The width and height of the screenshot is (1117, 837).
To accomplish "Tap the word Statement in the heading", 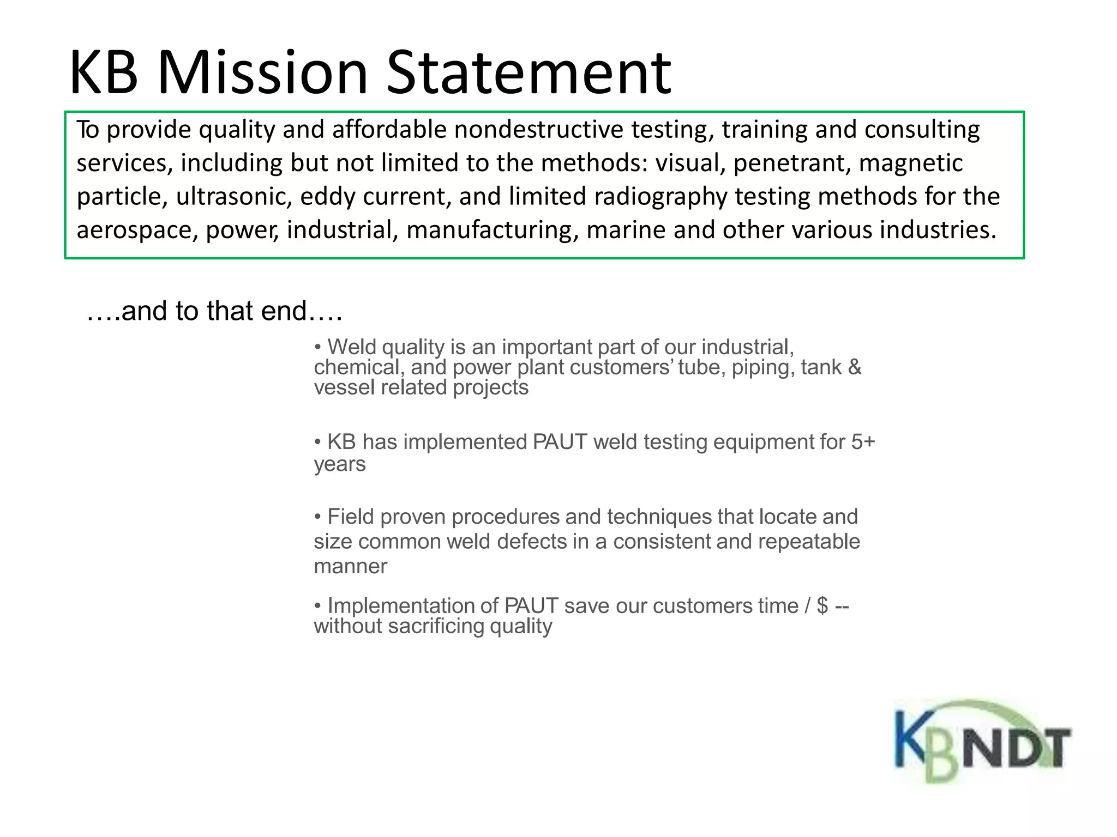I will [529, 73].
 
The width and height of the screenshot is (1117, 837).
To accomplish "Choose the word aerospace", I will [137, 230].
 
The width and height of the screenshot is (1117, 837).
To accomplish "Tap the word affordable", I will [389, 130].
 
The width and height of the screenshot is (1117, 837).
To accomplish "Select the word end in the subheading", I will [284, 311].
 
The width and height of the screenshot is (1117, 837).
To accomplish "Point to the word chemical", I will [359, 367].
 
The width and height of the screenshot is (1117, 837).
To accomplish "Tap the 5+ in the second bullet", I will [863, 442].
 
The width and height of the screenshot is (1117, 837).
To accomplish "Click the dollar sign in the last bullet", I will [822, 606].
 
